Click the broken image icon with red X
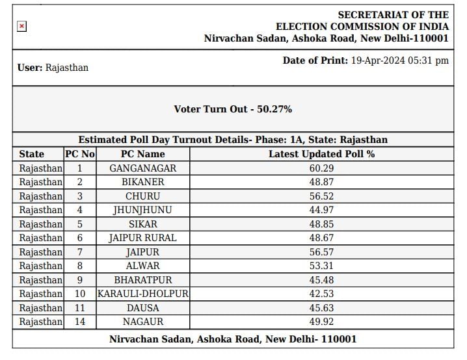coord(21,26)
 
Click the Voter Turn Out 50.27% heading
coord(233,109)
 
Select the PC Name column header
coord(142,154)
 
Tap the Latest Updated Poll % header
coord(321,154)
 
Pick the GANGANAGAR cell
coord(142,168)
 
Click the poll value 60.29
coord(321,168)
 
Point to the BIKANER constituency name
coord(142,182)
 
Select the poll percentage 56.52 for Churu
coord(321,196)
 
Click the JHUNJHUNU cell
coord(142,210)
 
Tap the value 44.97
coord(321,210)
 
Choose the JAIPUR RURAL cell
coord(142,238)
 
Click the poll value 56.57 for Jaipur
coord(321,252)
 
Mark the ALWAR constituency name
coord(142,266)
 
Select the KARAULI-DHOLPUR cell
coord(142,294)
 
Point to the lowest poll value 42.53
coord(321,294)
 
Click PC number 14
coord(79,322)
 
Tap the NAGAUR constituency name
coord(142,322)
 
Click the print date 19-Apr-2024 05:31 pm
coord(399,60)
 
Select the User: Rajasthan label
coord(53,68)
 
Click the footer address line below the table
coord(233,339)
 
